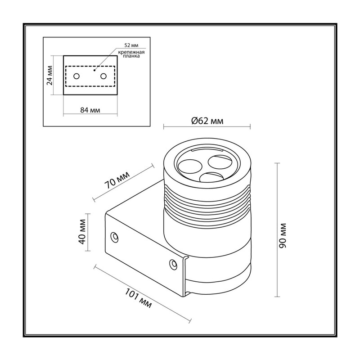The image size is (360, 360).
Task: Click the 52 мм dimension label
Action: click(x=131, y=45)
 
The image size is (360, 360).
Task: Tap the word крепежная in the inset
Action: click(x=131, y=52)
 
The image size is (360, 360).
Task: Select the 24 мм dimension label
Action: click(x=49, y=75)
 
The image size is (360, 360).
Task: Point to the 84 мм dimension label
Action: click(x=90, y=110)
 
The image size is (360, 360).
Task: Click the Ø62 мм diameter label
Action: click(x=207, y=121)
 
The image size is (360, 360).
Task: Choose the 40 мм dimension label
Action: click(x=82, y=232)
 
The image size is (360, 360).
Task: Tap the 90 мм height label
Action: click(x=283, y=235)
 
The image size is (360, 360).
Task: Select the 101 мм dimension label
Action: click(x=138, y=298)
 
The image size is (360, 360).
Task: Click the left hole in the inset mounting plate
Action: click(x=76, y=76)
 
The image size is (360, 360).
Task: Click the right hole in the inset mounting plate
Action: click(x=103, y=76)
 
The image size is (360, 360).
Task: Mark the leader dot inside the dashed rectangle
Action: click(x=94, y=70)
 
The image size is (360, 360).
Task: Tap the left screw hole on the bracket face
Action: click(x=114, y=237)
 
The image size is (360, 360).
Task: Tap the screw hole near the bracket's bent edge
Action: click(x=173, y=264)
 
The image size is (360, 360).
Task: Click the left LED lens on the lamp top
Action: click(x=190, y=166)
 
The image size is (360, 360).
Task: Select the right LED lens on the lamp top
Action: click(x=220, y=162)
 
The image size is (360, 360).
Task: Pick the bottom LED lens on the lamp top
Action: click(x=211, y=178)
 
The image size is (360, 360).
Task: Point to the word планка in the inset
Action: click(x=131, y=56)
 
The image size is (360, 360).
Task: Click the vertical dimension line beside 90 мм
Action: click(x=277, y=230)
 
